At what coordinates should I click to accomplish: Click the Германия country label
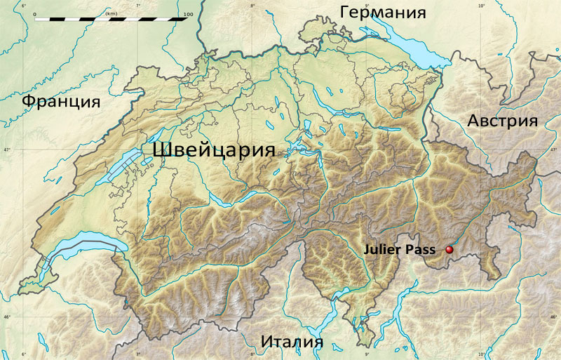tap(383, 13)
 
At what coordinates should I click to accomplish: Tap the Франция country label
tap(60, 102)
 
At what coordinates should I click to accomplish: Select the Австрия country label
tap(502, 121)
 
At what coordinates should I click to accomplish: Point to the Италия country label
tap(292, 342)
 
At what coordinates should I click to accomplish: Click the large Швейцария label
tap(212, 151)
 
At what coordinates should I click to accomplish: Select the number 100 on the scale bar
tap(187, 13)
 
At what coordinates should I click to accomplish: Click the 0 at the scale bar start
tap(34, 13)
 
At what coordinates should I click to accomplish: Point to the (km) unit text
tap(111, 13)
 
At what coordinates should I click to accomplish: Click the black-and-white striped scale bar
tap(111, 20)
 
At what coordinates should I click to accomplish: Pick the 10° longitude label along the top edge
tap(481, 6)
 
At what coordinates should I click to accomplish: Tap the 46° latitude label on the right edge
tap(556, 318)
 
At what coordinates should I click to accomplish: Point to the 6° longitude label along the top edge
tap(25, 6)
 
